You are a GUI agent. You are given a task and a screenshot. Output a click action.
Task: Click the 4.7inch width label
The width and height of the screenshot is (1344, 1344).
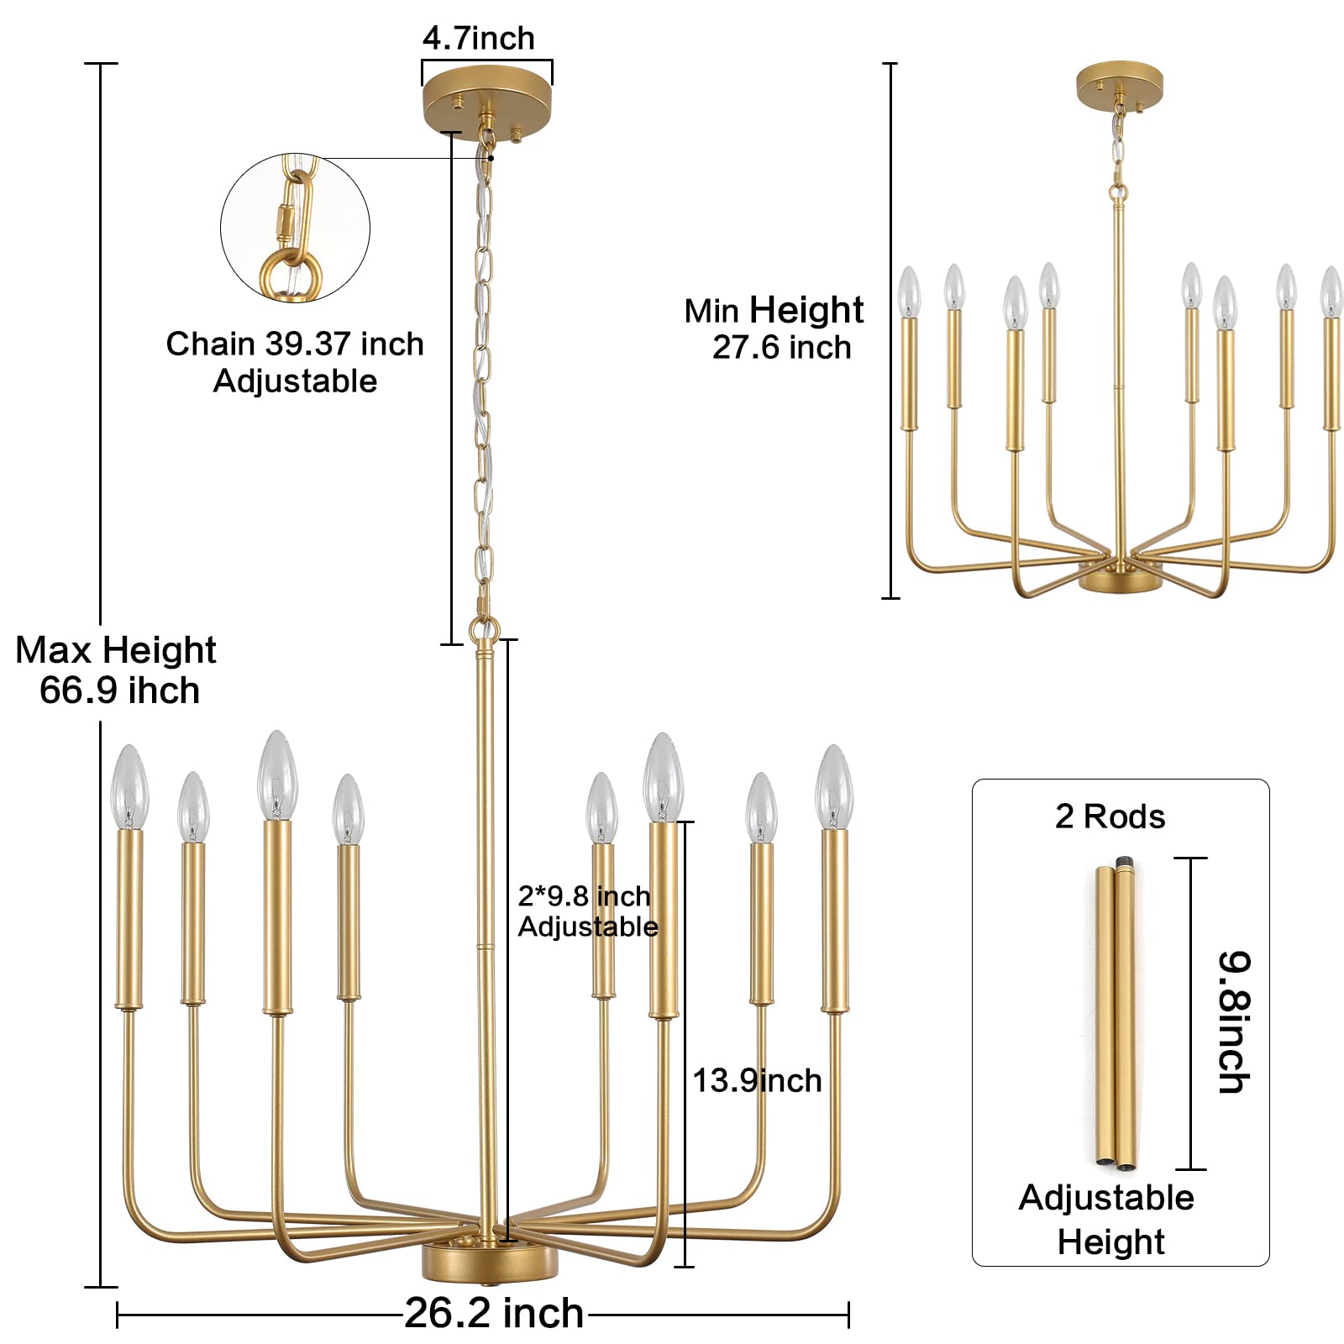pyautogui.click(x=478, y=39)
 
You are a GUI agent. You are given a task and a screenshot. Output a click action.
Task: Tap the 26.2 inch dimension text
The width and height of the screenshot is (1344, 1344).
pyautogui.click(x=494, y=1313)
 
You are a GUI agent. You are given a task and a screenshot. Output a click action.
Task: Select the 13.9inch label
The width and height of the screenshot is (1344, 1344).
pyautogui.click(x=757, y=1081)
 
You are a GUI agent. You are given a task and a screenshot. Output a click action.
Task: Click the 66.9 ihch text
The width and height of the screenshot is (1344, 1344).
pyautogui.click(x=119, y=691)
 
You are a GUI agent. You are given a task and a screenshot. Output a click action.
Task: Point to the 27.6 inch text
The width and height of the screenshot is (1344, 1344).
pyautogui.click(x=781, y=348)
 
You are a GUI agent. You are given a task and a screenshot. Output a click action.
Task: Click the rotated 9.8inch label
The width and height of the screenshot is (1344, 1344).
pyautogui.click(x=1234, y=1021)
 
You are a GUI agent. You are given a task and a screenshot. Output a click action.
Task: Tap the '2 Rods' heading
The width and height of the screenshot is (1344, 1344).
pyautogui.click(x=1110, y=816)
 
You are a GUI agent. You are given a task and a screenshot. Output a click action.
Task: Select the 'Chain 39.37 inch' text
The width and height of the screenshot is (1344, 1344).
pyautogui.click(x=295, y=344)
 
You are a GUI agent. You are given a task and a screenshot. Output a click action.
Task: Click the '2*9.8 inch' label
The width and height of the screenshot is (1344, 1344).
pyautogui.click(x=584, y=896)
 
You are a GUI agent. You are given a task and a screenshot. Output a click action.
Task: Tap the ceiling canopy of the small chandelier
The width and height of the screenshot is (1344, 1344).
pyautogui.click(x=1119, y=84)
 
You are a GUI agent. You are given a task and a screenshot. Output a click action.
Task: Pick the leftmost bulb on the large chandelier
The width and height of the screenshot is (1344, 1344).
pyautogui.click(x=129, y=786)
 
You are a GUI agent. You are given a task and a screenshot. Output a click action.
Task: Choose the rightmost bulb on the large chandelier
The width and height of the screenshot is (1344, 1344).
pyautogui.click(x=833, y=786)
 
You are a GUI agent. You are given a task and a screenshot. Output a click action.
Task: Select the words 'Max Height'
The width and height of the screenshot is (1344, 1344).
pyautogui.click(x=116, y=651)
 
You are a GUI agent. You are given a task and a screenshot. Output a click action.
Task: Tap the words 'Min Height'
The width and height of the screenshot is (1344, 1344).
pyautogui.click(x=774, y=311)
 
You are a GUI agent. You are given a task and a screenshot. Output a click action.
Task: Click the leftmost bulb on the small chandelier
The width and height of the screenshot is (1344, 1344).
pyautogui.click(x=909, y=292)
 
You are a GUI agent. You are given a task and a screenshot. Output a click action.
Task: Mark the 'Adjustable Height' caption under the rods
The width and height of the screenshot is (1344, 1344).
pyautogui.click(x=1107, y=1220)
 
